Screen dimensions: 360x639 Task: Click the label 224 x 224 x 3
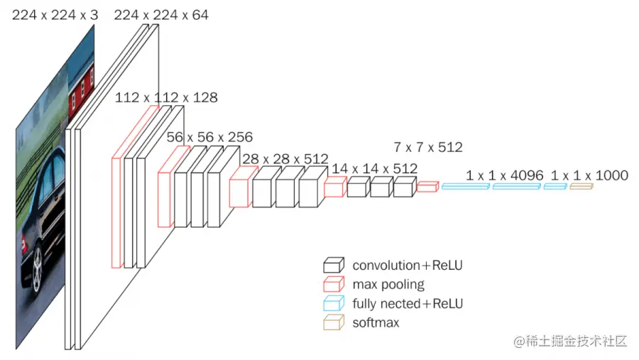pos(55,14)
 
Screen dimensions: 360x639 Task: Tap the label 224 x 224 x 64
pos(161,14)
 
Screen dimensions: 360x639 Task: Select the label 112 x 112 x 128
pos(166,97)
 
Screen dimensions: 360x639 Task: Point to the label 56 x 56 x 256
pos(209,136)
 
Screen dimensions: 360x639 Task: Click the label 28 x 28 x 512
pos(285,158)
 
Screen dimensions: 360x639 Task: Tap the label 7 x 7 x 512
pos(428,148)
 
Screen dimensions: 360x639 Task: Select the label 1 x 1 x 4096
pos(505,175)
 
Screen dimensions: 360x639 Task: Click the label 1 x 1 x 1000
pos(589,175)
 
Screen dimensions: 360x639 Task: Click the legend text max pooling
pos(388,285)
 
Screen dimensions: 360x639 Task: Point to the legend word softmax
pos(376,323)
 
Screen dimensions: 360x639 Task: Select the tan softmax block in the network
pos(581,186)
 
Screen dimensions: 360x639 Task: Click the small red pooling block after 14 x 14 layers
pos(427,187)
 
